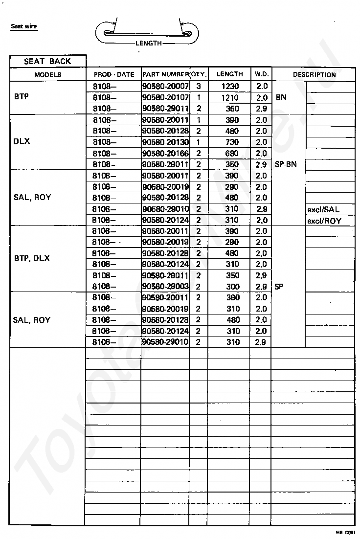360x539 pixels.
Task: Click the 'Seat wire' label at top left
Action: [x=24, y=26]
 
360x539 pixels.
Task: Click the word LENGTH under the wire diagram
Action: [x=148, y=43]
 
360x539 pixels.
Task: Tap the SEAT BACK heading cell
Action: [x=47, y=61]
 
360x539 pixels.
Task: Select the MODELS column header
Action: [x=47, y=74]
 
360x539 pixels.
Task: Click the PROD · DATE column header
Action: [x=113, y=74]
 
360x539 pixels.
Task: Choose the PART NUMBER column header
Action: [x=165, y=74]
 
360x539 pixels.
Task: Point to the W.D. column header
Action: [x=261, y=74]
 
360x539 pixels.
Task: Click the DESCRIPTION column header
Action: [x=314, y=75]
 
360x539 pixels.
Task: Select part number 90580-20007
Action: [x=165, y=86]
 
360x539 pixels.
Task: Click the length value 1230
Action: [x=229, y=86]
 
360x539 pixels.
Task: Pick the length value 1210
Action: [x=229, y=97]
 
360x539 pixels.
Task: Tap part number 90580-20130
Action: [x=165, y=142]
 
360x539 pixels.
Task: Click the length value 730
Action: [x=232, y=142]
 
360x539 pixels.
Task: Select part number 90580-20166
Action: [x=165, y=153]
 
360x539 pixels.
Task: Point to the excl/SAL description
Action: [x=323, y=209]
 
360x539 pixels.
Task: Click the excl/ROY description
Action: [x=324, y=221]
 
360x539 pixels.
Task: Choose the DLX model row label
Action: [x=22, y=141]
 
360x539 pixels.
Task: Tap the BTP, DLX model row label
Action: [x=32, y=258]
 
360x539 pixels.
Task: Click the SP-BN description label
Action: [x=286, y=164]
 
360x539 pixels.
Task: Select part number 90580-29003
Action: [x=165, y=287]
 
